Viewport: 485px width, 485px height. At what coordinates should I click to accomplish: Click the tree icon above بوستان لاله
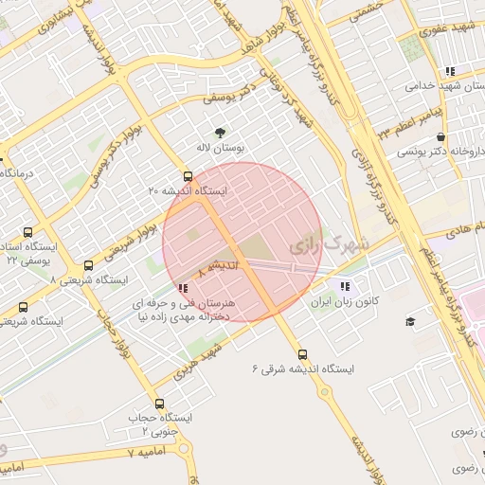pyautogui.click(x=221, y=133)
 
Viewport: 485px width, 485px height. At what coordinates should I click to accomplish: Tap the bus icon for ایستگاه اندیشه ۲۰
pyautogui.click(x=188, y=175)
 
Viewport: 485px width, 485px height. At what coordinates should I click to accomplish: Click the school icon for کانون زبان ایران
pyautogui.click(x=343, y=285)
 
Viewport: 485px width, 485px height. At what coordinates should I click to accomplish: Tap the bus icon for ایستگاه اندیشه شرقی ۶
pyautogui.click(x=302, y=353)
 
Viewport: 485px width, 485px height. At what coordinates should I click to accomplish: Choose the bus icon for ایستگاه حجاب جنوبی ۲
pyautogui.click(x=158, y=404)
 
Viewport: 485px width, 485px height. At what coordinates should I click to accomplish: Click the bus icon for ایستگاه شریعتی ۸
pyautogui.click(x=88, y=266)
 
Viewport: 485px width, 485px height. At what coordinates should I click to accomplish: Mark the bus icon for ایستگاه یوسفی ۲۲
pyautogui.click(x=27, y=232)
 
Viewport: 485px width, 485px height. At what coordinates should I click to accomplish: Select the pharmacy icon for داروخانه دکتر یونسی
pyautogui.click(x=441, y=136)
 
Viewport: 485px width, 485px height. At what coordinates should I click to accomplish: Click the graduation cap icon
pyautogui.click(x=410, y=322)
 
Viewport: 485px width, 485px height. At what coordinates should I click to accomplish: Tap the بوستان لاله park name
pyautogui.click(x=221, y=149)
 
